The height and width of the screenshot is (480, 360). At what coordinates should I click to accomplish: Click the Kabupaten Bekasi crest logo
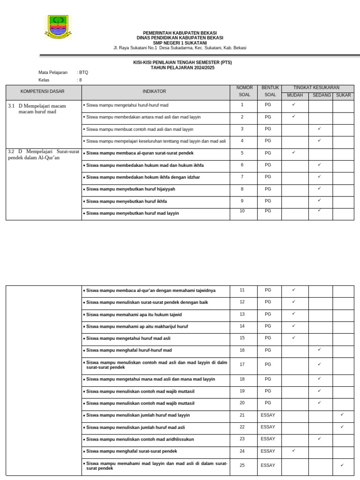click(58, 27)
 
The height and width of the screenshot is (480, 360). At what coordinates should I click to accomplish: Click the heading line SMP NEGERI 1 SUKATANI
click(180, 43)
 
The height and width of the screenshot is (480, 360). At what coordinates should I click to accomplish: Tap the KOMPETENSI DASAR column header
click(43, 91)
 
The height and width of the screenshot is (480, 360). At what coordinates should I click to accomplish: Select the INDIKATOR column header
click(154, 91)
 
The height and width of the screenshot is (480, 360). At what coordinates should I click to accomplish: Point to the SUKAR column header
click(343, 95)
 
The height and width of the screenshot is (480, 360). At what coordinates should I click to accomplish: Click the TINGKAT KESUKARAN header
click(316, 88)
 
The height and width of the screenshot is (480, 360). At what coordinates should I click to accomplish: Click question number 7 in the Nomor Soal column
click(242, 177)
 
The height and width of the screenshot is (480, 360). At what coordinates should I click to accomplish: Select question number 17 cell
click(242, 364)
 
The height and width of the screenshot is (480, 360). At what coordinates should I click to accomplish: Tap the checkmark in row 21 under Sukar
click(342, 415)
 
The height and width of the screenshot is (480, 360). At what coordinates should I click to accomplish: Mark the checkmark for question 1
click(293, 105)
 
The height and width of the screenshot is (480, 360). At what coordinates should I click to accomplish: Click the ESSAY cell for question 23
click(268, 439)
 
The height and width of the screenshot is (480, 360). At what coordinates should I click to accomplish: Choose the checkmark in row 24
click(293, 450)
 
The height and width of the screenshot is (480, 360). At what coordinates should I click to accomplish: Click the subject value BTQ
click(83, 73)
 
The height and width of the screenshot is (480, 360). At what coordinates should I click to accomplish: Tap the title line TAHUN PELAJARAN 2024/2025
click(182, 67)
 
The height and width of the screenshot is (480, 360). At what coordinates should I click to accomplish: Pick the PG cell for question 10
click(268, 211)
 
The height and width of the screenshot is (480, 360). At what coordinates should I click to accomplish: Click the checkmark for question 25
click(342, 465)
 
